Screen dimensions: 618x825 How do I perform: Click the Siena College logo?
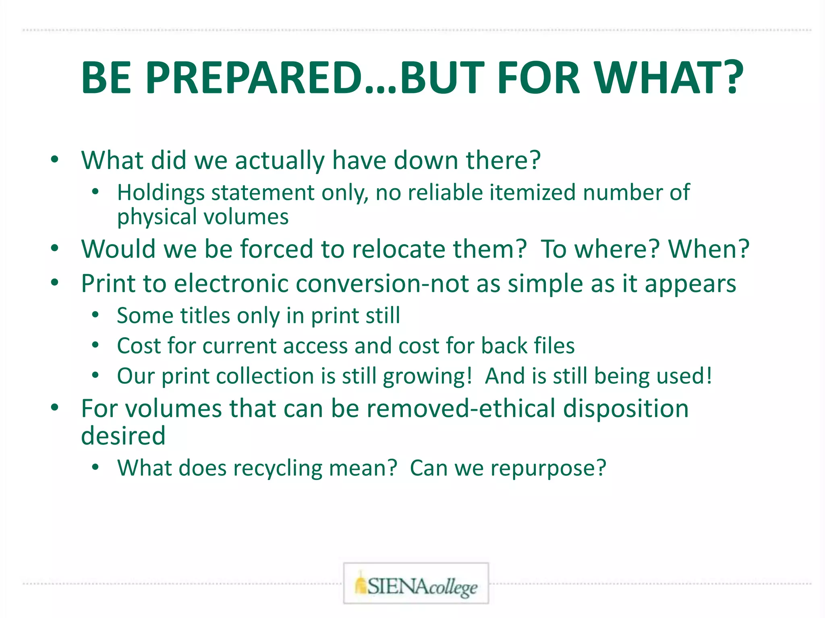(416, 583)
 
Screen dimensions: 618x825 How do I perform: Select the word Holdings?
(161, 193)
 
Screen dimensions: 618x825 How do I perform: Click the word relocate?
(399, 249)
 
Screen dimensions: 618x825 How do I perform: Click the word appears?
(690, 284)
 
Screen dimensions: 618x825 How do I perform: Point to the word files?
(554, 346)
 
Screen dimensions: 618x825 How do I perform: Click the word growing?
(427, 377)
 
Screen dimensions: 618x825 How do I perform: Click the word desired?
(123, 436)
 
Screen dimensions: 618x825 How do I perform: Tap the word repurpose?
(548, 469)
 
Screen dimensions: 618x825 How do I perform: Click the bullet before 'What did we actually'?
(55, 159)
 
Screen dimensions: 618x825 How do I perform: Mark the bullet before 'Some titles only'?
(95, 315)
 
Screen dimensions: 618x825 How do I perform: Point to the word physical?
(157, 217)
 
